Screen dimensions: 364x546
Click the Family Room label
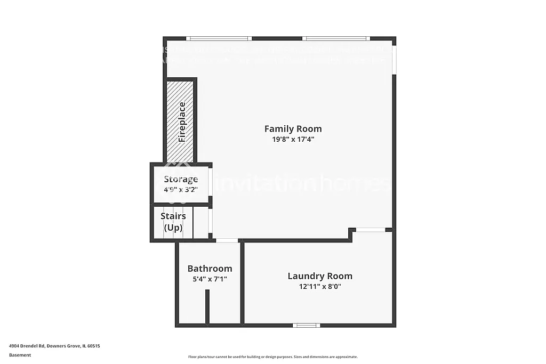click(x=293, y=128)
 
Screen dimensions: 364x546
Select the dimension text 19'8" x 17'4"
click(x=293, y=140)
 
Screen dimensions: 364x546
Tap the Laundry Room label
click(x=319, y=276)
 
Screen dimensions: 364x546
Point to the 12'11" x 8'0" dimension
click(x=319, y=286)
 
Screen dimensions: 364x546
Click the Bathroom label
click(x=210, y=269)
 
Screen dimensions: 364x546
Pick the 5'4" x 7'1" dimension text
click(x=210, y=279)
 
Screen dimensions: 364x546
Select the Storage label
click(x=181, y=179)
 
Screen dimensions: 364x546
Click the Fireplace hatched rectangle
click(x=180, y=122)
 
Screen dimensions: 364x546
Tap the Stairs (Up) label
click(x=173, y=222)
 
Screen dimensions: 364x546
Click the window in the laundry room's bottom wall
click(x=307, y=325)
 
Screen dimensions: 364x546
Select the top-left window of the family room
click(x=219, y=38)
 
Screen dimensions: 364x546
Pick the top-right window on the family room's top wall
click(x=336, y=38)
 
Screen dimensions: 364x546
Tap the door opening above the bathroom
click(x=227, y=241)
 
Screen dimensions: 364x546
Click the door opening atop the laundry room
click(x=371, y=230)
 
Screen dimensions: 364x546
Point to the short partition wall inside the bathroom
click(x=207, y=306)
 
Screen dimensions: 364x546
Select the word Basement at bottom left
click(x=20, y=355)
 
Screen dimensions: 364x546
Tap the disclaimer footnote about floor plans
click(x=272, y=357)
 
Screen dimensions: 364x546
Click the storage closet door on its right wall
click(x=210, y=182)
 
